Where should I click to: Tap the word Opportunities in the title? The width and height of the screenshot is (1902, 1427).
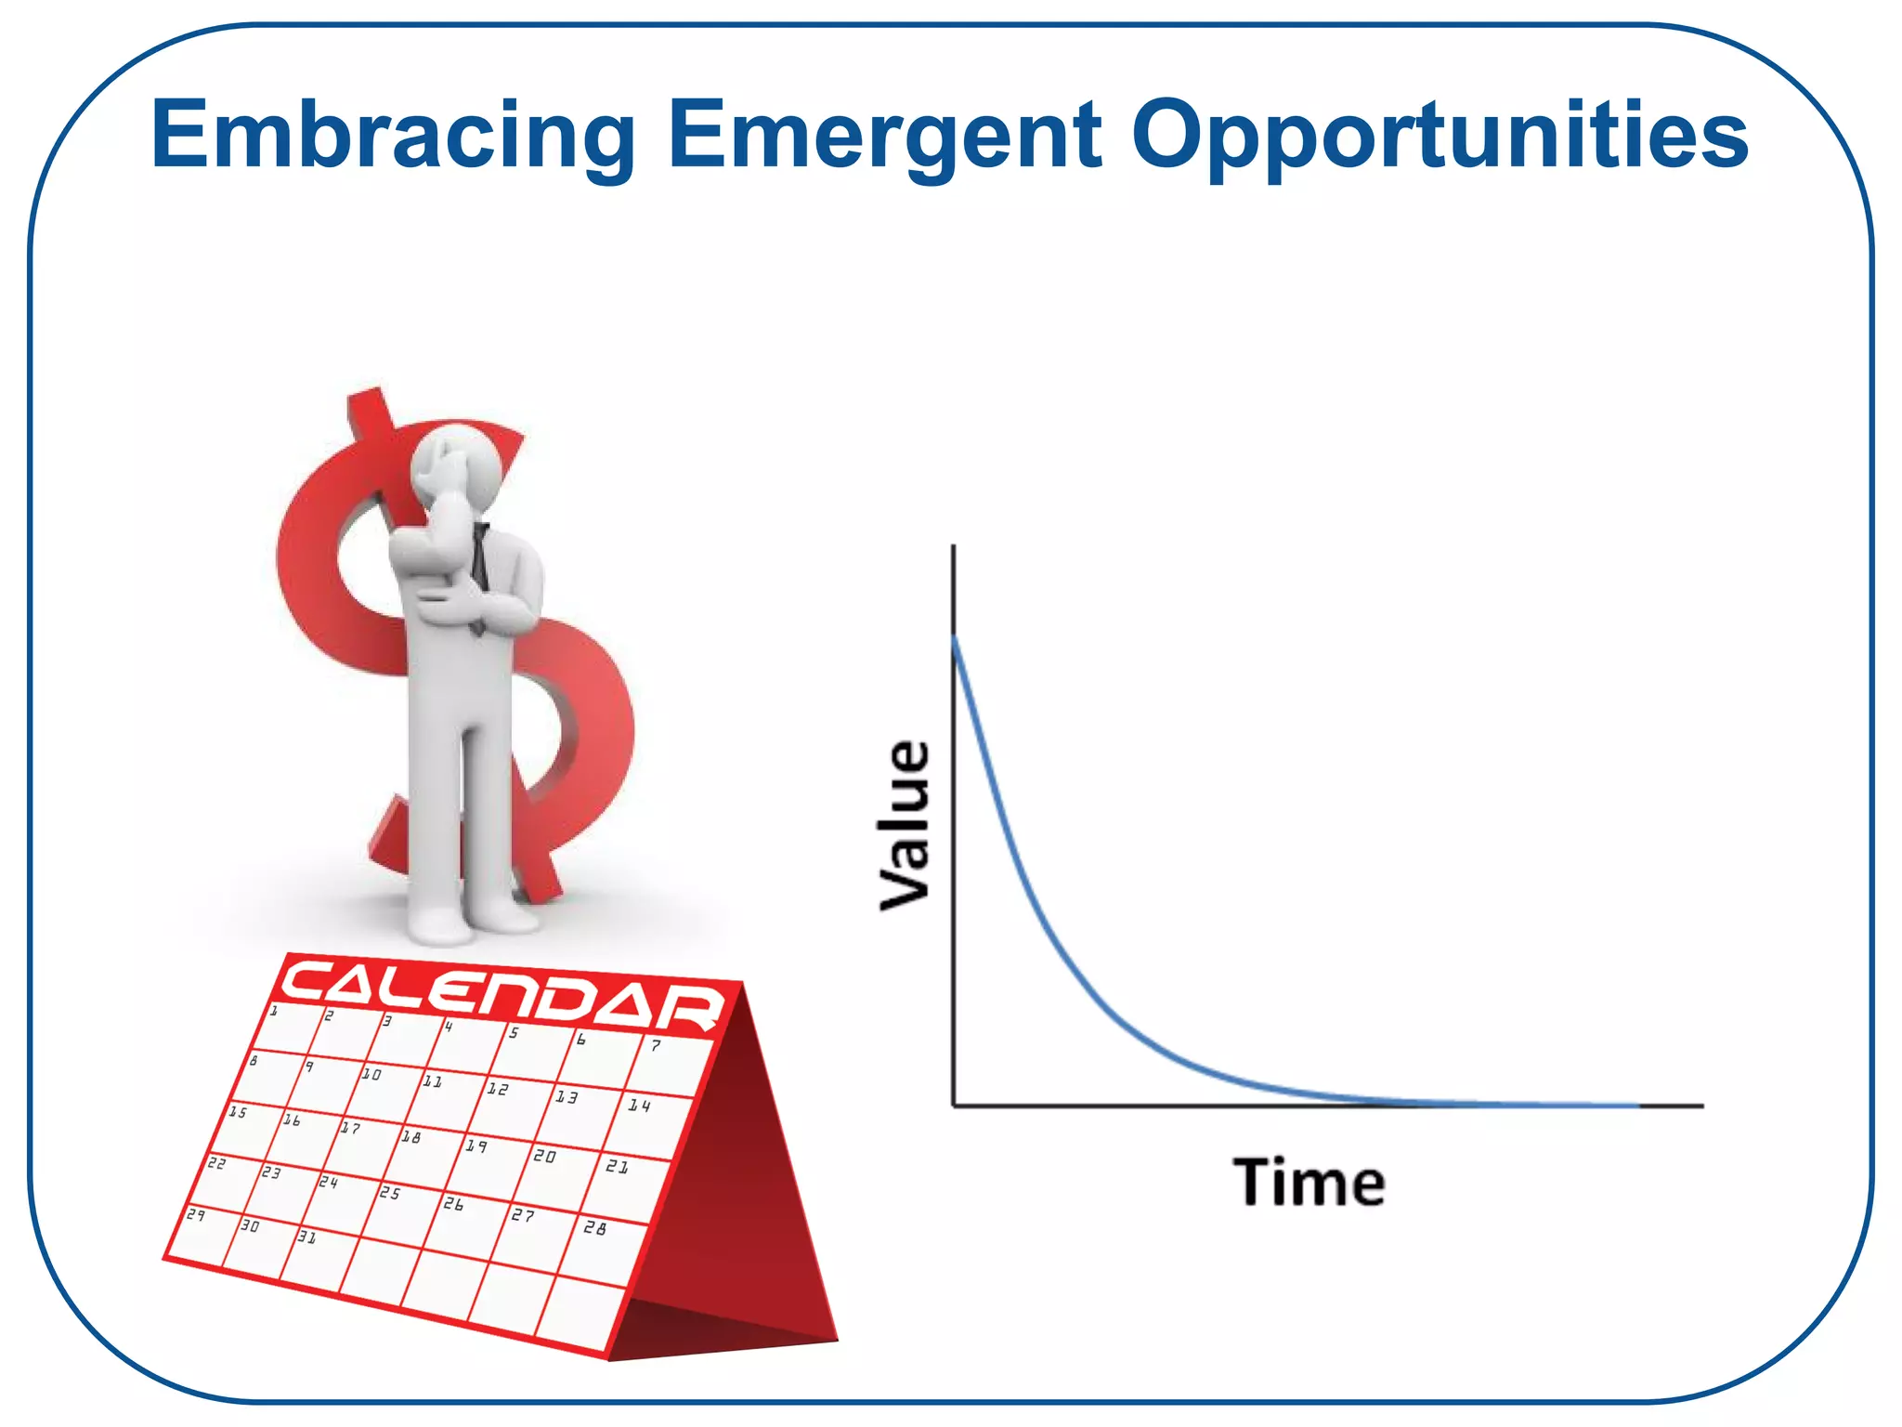[1440, 137]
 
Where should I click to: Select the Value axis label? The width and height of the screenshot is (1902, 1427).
[905, 825]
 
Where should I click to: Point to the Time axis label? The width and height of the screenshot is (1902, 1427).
[1309, 1183]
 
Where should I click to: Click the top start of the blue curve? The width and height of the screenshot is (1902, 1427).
[955, 637]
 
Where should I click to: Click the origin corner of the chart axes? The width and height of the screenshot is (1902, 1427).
[954, 1106]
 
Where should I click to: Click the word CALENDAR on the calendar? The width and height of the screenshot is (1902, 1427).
[502, 995]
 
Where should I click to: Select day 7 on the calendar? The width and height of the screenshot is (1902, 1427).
[656, 1046]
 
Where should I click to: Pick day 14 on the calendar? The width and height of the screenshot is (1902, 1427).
[639, 1106]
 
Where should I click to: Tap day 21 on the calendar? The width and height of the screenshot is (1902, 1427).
[617, 1166]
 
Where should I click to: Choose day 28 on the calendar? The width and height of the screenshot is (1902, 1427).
[594, 1228]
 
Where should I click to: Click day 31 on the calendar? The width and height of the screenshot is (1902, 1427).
[306, 1237]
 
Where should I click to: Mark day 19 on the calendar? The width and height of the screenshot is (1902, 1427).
[475, 1146]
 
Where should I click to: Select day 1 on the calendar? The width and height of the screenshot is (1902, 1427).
[273, 1011]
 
